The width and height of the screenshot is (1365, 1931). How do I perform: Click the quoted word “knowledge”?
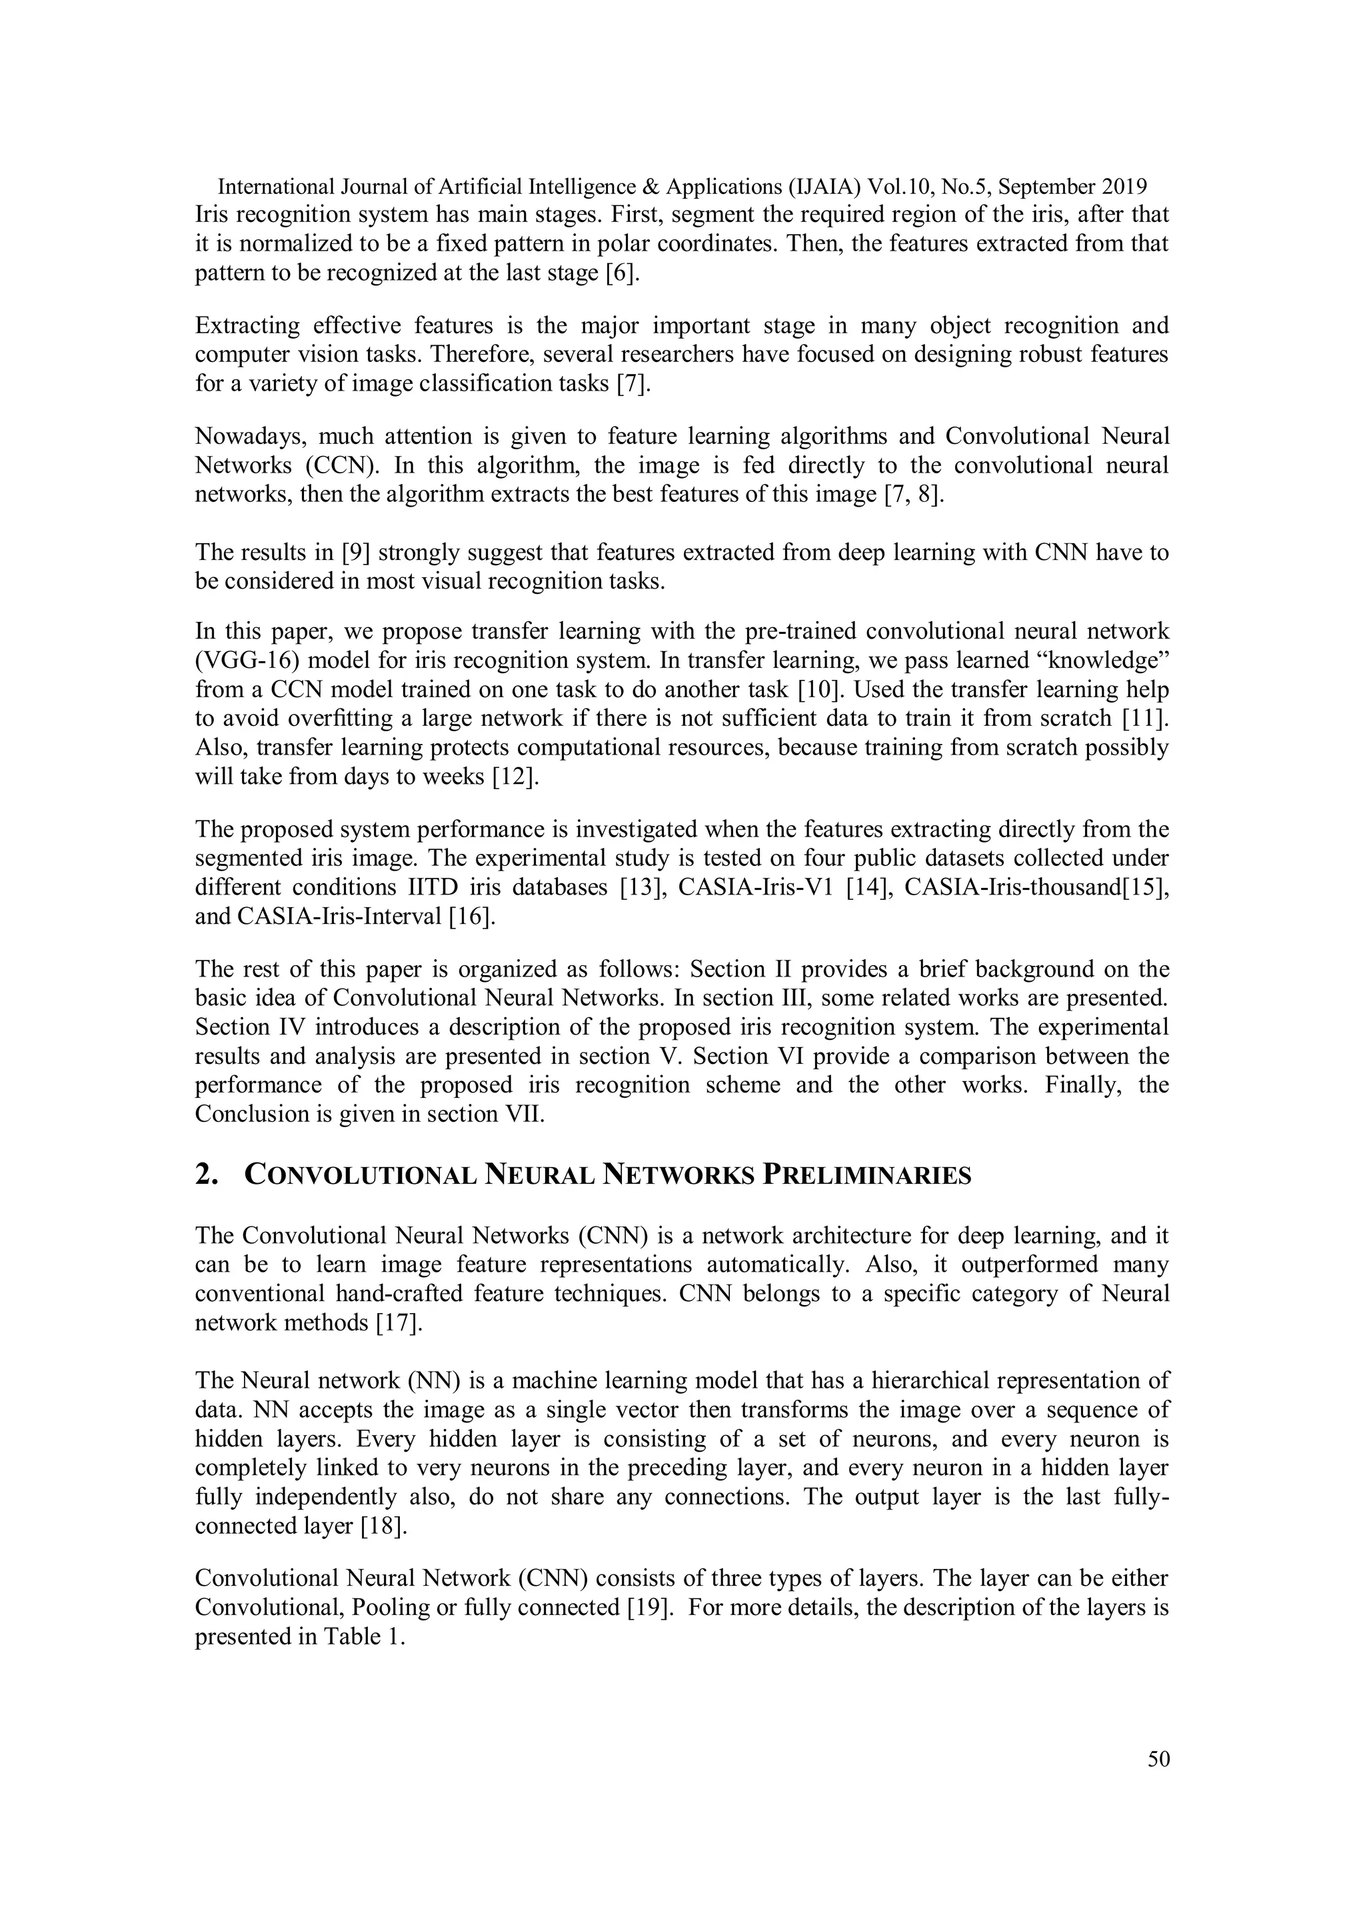click(x=1105, y=661)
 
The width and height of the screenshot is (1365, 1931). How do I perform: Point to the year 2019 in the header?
click(x=1125, y=187)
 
